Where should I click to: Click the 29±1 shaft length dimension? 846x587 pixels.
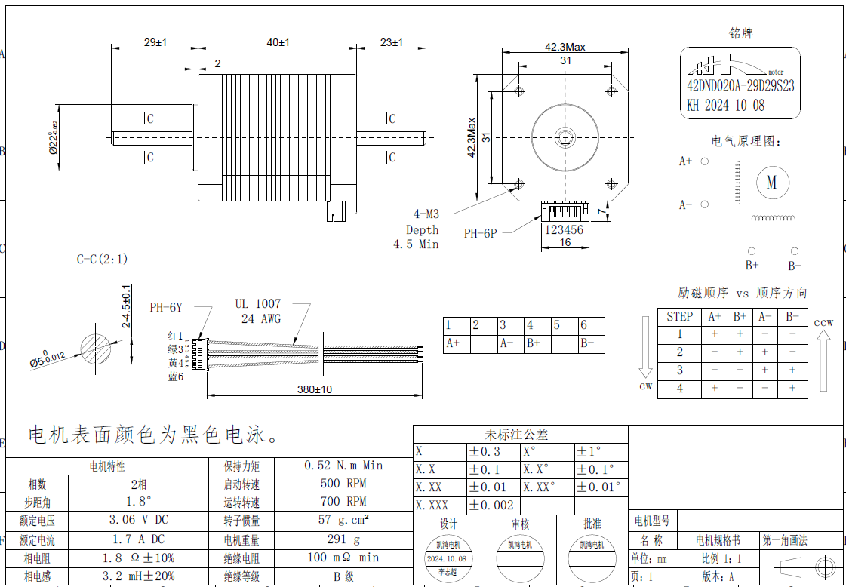[155, 43]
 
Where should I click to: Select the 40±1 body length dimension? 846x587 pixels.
[278, 43]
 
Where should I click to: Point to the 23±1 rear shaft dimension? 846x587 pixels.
[391, 43]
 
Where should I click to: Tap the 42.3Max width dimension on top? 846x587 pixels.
[565, 47]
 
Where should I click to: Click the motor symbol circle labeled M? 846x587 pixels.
[771, 183]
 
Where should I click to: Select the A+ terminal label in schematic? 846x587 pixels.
[685, 161]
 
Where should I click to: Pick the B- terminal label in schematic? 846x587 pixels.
[795, 266]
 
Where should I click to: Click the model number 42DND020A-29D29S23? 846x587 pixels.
[740, 86]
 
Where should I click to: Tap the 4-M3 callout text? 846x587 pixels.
[426, 214]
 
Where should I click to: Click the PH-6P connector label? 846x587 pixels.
[480, 234]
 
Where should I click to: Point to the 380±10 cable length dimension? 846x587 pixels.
[315, 389]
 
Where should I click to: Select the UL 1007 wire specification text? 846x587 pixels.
[257, 304]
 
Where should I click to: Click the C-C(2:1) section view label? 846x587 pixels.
[102, 259]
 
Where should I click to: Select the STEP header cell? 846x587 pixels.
[679, 317]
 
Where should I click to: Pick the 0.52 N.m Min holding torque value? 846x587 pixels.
[343, 466]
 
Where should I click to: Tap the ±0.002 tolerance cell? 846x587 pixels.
[491, 506]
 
